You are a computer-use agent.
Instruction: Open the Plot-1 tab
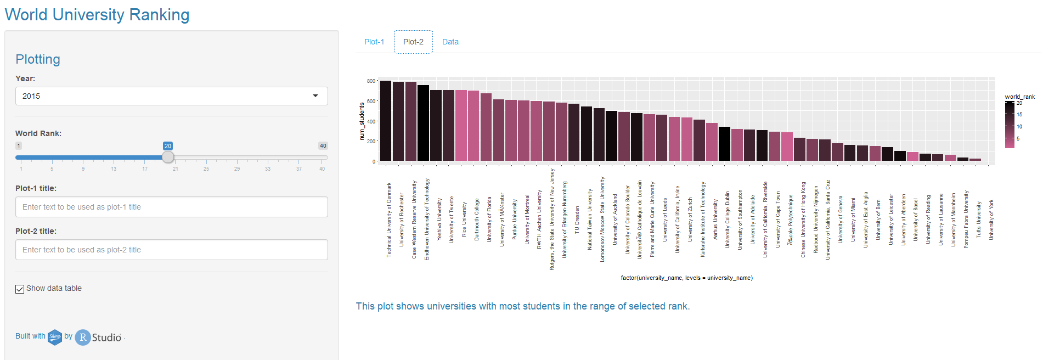[x=374, y=42]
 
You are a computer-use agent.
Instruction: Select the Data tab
[x=450, y=42]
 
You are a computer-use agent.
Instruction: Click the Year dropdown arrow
[x=315, y=96]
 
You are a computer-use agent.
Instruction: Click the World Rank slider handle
[x=168, y=157]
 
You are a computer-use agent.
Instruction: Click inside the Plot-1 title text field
[x=171, y=207]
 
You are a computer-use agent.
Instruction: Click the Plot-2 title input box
[x=171, y=250]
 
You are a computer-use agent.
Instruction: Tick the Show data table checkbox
[x=20, y=289]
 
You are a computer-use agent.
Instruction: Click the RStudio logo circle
[x=83, y=337]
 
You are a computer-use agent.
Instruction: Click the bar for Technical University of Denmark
[x=386, y=121]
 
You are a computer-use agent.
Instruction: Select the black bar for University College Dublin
[x=724, y=144]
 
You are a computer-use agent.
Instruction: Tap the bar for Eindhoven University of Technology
[x=423, y=123]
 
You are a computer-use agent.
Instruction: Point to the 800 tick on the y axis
[x=371, y=81]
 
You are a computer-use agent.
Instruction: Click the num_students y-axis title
[x=362, y=121]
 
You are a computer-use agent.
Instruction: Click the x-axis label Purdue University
[x=515, y=219]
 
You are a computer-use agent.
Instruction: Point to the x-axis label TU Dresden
[x=577, y=220]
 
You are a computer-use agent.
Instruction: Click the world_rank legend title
[x=1019, y=97]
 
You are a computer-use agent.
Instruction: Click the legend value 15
[x=1019, y=115]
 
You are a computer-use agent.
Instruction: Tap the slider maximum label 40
[x=323, y=146]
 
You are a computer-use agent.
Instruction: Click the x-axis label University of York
[x=991, y=220]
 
